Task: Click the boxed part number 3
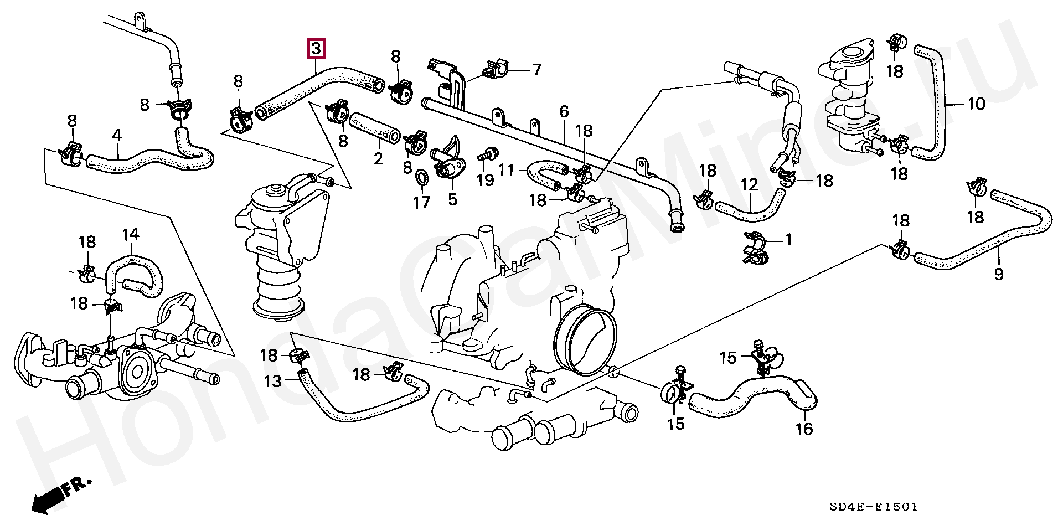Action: (316, 49)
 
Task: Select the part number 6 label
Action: (564, 112)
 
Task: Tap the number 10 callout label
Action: (976, 104)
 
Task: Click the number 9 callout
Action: (999, 274)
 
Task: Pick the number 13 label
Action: (272, 381)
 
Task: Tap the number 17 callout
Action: (421, 203)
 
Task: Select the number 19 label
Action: (485, 181)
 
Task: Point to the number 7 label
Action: (536, 70)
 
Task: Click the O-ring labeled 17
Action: (422, 177)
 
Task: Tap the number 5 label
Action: (453, 199)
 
